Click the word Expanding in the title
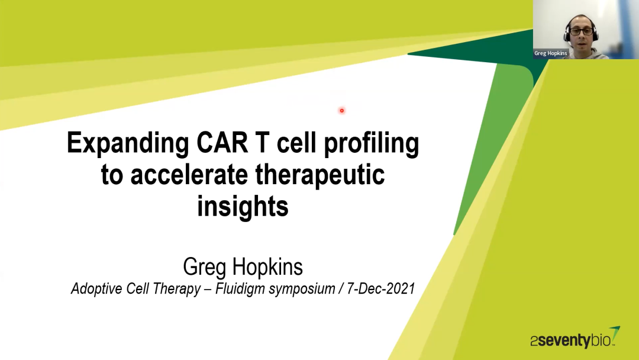coord(128,144)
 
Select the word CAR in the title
coord(222,143)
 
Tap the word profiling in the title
coord(371,144)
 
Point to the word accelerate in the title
coord(189,175)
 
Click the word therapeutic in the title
coord(320,176)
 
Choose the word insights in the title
coord(243,206)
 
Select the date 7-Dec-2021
coord(380,289)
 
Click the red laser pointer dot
coord(342,111)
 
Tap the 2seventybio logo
coord(575,338)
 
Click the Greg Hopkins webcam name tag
coord(551,53)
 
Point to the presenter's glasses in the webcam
coord(580,31)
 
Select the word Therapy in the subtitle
coord(179,289)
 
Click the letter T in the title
coord(262,143)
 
